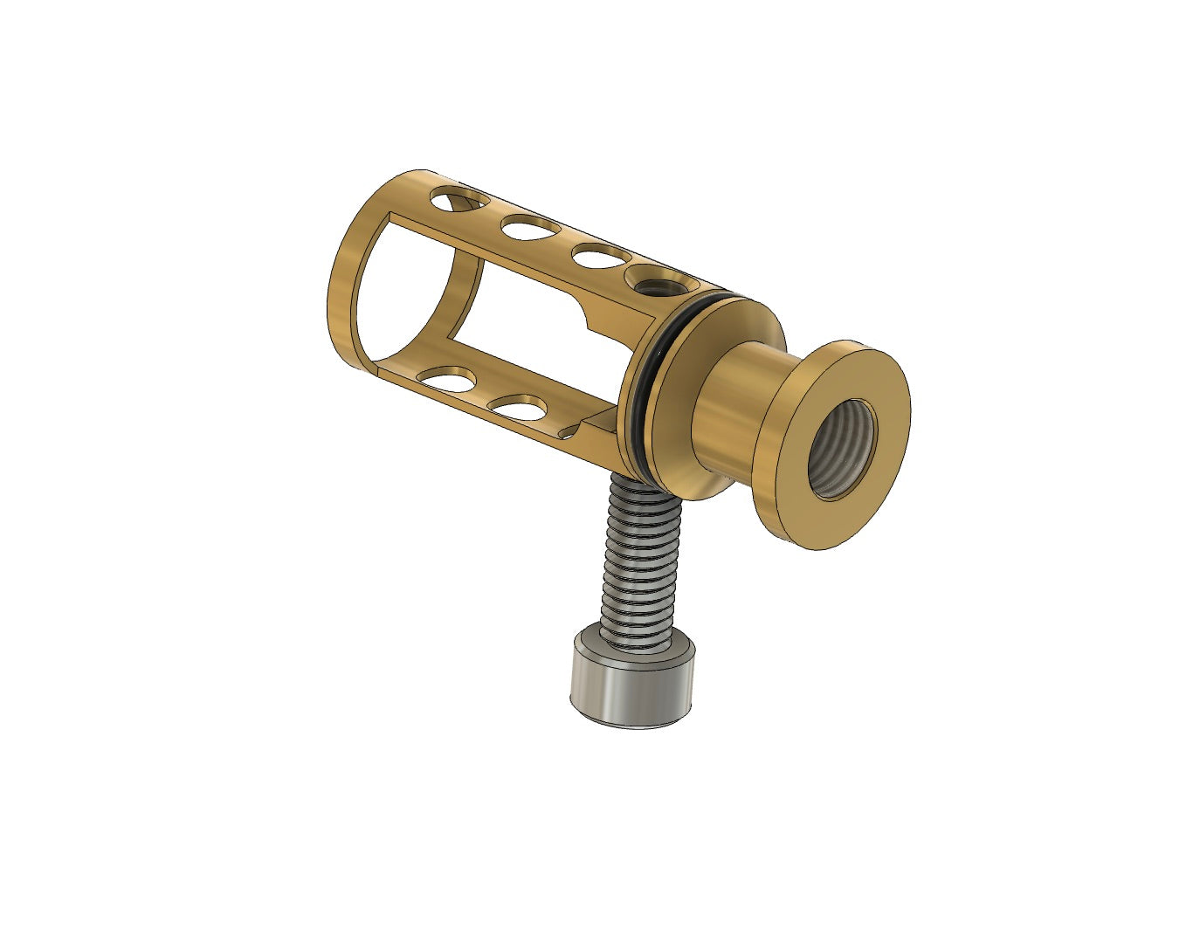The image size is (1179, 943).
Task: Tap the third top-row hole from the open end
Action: click(601, 257)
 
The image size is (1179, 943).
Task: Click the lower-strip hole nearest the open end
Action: click(447, 379)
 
